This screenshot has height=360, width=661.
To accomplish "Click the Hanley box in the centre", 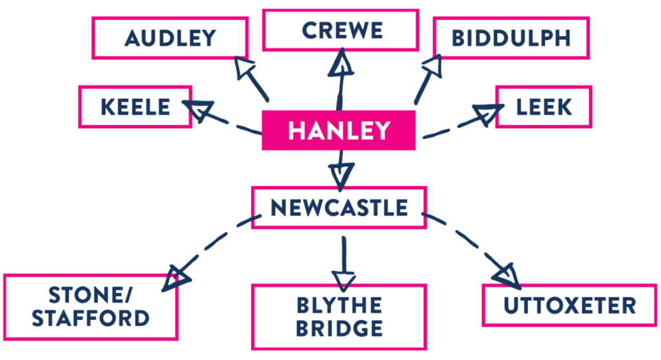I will (x=338, y=130).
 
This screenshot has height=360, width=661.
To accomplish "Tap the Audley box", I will (x=170, y=38).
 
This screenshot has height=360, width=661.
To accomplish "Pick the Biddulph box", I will (x=511, y=38).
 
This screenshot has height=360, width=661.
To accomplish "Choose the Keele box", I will (x=135, y=106).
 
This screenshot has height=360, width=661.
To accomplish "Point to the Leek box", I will (x=544, y=106).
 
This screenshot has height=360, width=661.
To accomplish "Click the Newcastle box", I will (x=339, y=207).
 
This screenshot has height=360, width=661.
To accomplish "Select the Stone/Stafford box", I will (x=90, y=307).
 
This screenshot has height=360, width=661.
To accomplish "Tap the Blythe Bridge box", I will (x=339, y=316).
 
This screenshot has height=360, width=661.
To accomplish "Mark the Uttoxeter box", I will (x=570, y=305).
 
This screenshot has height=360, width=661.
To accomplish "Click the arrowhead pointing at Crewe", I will (x=341, y=63).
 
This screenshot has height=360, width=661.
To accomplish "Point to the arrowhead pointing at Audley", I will (x=243, y=68).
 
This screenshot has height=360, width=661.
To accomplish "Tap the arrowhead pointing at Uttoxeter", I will (x=506, y=274).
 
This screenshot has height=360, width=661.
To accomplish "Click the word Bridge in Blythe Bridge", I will (x=339, y=328).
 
